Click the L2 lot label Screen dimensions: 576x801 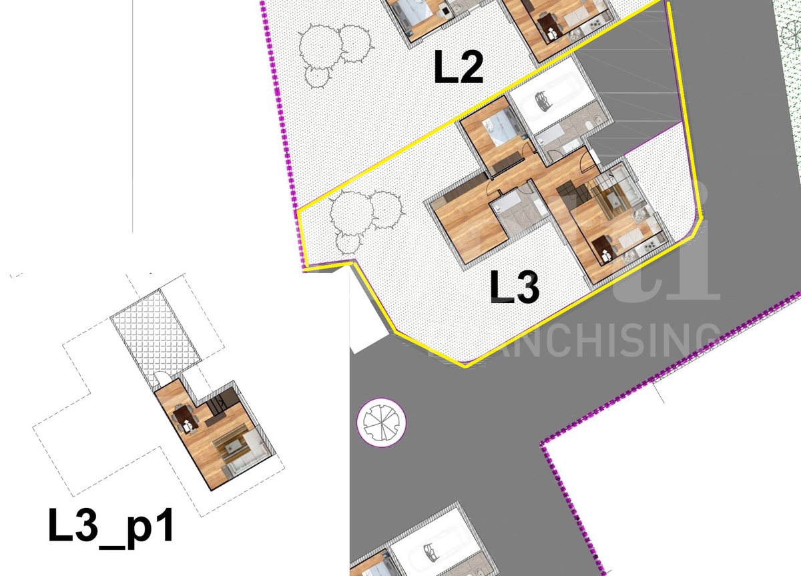pyautogui.click(x=459, y=68)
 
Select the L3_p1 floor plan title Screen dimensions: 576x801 pyautogui.click(x=111, y=525)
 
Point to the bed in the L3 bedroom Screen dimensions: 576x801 pyautogui.click(x=501, y=127)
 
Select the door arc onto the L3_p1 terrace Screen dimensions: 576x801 pyautogui.click(x=160, y=380)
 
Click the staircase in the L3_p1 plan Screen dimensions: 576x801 pyautogui.click(x=218, y=404)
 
